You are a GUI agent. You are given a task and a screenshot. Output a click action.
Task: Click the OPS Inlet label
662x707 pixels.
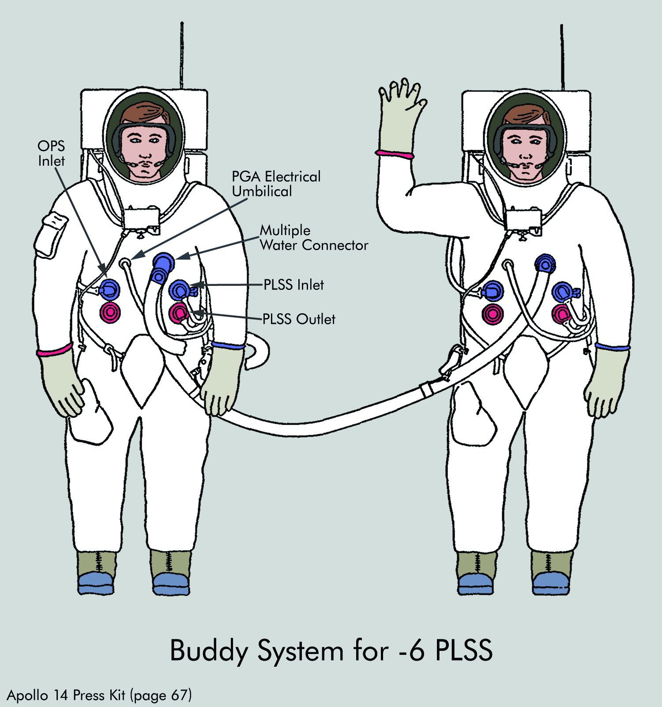pyautogui.click(x=51, y=153)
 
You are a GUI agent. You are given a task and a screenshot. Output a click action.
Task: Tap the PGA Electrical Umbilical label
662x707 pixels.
pyautogui.click(x=276, y=184)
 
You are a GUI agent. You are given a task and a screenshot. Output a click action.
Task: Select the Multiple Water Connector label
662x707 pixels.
pyautogui.click(x=314, y=238)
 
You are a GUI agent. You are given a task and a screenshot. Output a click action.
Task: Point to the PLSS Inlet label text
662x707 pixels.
pyautogui.click(x=293, y=285)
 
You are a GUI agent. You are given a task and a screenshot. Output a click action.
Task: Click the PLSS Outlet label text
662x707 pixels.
pyautogui.click(x=299, y=319)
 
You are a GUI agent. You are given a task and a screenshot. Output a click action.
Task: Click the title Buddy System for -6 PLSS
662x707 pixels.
pyautogui.click(x=331, y=650)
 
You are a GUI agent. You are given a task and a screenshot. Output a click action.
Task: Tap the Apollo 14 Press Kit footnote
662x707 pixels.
pyautogui.click(x=99, y=695)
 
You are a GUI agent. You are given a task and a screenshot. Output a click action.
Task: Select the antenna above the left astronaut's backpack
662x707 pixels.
pyautogui.click(x=181, y=55)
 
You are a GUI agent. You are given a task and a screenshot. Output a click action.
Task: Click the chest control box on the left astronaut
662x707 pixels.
pyautogui.click(x=142, y=218)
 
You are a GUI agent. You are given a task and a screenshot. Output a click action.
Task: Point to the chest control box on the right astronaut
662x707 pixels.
pyautogui.click(x=523, y=220)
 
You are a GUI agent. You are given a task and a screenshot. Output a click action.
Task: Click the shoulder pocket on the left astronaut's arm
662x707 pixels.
pyautogui.click(x=51, y=234)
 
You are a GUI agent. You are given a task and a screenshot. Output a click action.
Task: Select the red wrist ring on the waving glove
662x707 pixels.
pyautogui.click(x=395, y=154)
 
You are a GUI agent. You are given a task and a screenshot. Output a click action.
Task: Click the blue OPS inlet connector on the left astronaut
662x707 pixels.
pyautogui.click(x=109, y=289)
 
